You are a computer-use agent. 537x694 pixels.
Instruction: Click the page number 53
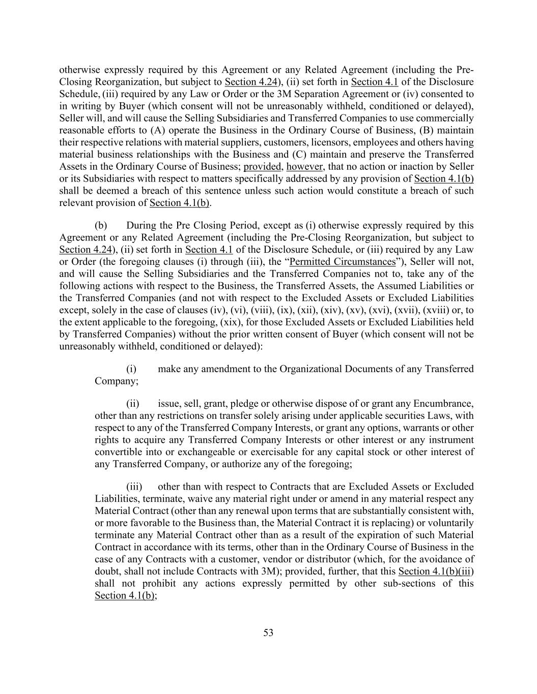pos(268,632)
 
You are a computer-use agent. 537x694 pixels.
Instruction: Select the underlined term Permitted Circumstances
pos(342,262)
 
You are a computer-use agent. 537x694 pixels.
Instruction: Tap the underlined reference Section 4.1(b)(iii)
pos(436,571)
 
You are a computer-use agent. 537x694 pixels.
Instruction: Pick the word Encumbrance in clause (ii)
pos(443,404)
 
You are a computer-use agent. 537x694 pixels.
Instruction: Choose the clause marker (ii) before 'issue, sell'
pos(133,404)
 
